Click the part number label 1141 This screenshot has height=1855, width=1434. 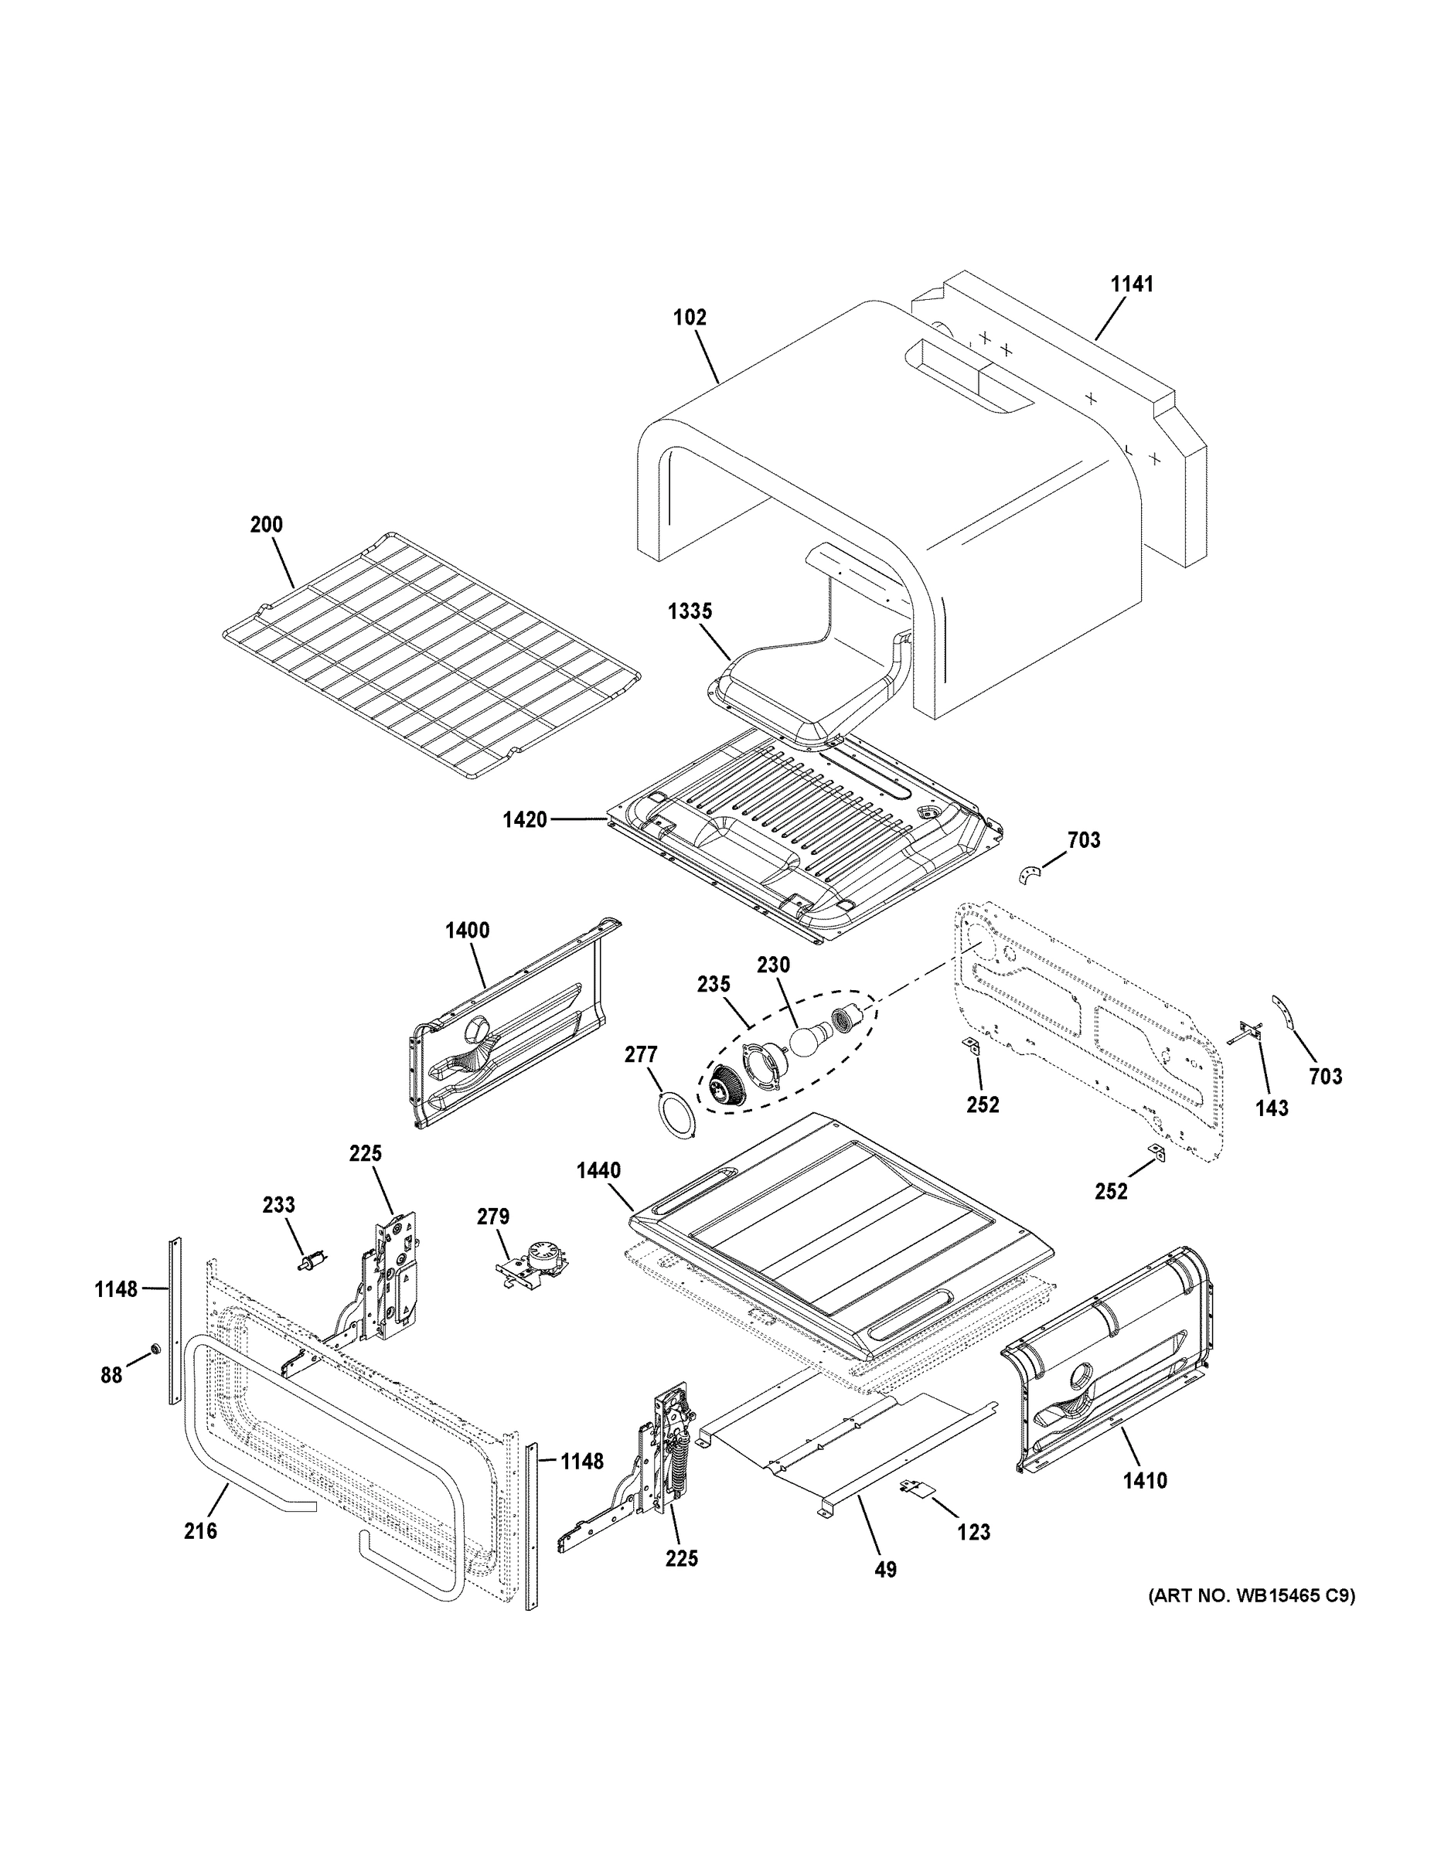pyautogui.click(x=1133, y=284)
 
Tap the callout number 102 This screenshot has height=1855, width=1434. pyautogui.click(x=689, y=318)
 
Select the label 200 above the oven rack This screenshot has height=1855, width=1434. pyautogui.click(x=266, y=525)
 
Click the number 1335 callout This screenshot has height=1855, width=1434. pyautogui.click(x=690, y=611)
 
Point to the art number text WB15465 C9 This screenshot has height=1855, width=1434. pyautogui.click(x=1252, y=1596)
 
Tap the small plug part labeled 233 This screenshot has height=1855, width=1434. pyautogui.click(x=311, y=1262)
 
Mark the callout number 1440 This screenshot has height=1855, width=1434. pyautogui.click(x=598, y=1171)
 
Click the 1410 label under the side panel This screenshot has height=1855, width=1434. pyautogui.click(x=1144, y=1481)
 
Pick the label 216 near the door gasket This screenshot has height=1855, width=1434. pyautogui.click(x=200, y=1531)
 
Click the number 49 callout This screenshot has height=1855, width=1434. pyautogui.click(x=885, y=1571)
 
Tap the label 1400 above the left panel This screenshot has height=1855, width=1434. pyautogui.click(x=467, y=931)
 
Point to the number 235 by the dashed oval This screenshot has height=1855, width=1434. pyautogui.click(x=714, y=985)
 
